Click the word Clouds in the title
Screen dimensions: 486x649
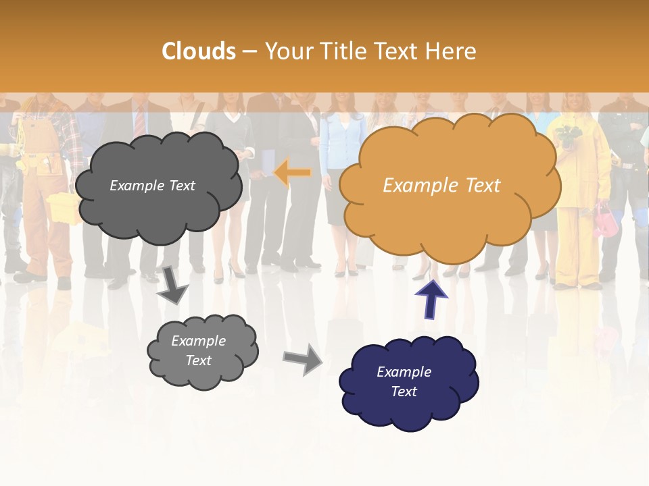click(x=199, y=51)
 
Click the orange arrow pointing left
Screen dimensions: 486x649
click(x=293, y=173)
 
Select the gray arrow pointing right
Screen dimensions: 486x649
click(x=304, y=359)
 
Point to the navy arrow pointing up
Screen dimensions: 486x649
click(x=431, y=299)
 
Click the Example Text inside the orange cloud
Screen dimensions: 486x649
click(x=441, y=186)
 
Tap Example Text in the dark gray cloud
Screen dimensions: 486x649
click(x=152, y=186)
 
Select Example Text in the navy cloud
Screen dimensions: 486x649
click(x=404, y=381)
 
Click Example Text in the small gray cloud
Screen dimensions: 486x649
click(x=198, y=350)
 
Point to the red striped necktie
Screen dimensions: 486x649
click(x=139, y=121)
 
